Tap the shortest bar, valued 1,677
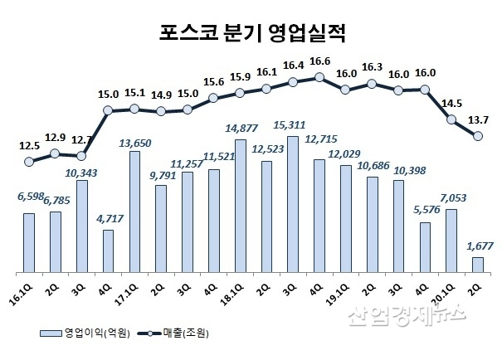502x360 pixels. click(478, 265)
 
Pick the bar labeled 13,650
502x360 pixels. click(134, 212)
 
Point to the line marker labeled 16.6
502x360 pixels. click(319, 77)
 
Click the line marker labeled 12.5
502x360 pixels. click(29, 162)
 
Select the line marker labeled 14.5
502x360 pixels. click(451, 119)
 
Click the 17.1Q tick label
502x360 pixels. click(132, 290)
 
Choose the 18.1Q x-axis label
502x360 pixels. click(237, 290)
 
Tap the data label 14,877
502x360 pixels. click(241, 128)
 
